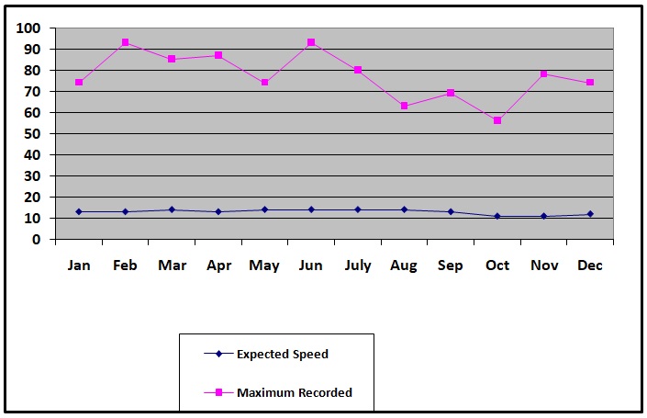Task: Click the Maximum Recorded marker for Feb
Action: click(125, 42)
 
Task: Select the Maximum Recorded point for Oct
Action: click(497, 120)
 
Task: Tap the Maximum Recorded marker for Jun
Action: click(311, 42)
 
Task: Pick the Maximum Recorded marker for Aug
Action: click(404, 106)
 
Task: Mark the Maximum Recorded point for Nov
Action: click(543, 73)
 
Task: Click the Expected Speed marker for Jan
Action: click(79, 211)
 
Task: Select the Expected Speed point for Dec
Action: click(590, 214)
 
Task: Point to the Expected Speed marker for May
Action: click(264, 209)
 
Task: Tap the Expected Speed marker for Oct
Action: click(497, 216)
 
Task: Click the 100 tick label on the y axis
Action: click(29, 28)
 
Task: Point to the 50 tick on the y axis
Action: click(33, 133)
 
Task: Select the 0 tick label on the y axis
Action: click(37, 239)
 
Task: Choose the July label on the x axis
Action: click(358, 266)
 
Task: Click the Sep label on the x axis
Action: click(451, 266)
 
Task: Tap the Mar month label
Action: click(172, 266)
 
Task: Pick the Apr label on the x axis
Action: click(218, 266)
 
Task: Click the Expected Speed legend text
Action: click(283, 354)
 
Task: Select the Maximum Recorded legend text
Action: click(295, 392)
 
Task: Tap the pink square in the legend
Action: click(219, 392)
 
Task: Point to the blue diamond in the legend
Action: click(219, 354)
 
